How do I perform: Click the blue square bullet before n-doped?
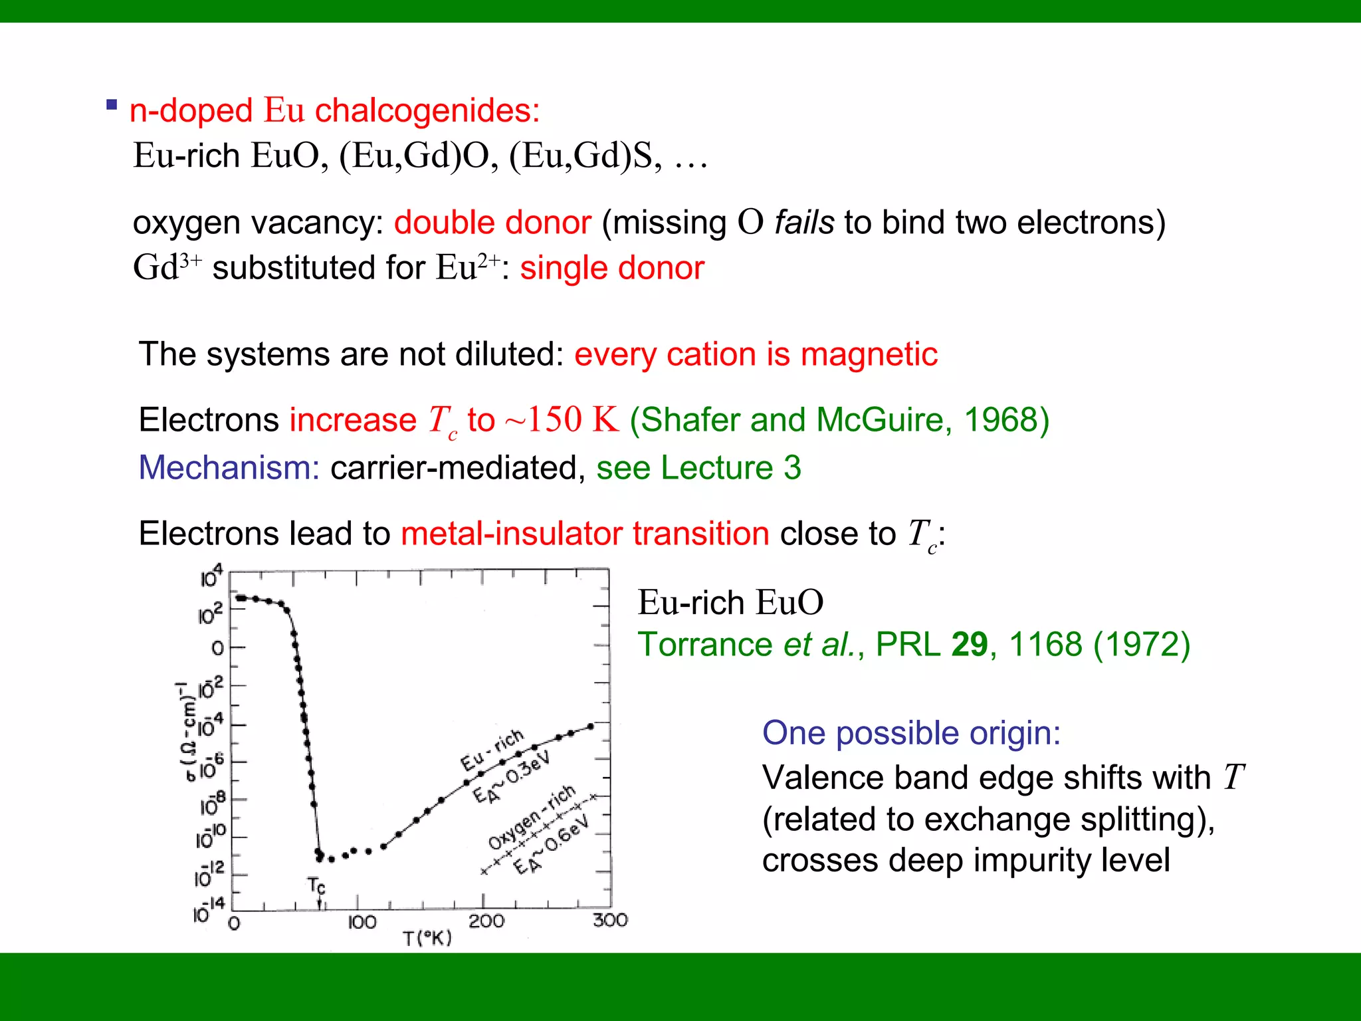click(112, 105)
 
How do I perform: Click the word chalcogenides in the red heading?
click(427, 110)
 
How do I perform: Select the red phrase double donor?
click(492, 223)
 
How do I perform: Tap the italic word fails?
click(804, 223)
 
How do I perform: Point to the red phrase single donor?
click(612, 269)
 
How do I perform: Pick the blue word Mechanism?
click(229, 468)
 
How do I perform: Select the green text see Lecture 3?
click(698, 468)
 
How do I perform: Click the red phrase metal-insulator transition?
click(585, 534)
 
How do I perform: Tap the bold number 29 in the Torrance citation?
click(970, 645)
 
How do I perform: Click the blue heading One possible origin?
click(911, 733)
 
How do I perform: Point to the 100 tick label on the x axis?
click(362, 923)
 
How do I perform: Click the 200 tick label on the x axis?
click(486, 922)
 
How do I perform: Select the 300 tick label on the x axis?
click(610, 921)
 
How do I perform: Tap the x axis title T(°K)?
click(427, 939)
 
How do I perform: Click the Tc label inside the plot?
click(316, 886)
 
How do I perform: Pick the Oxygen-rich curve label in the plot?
click(532, 817)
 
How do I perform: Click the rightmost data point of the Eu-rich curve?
click(590, 727)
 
